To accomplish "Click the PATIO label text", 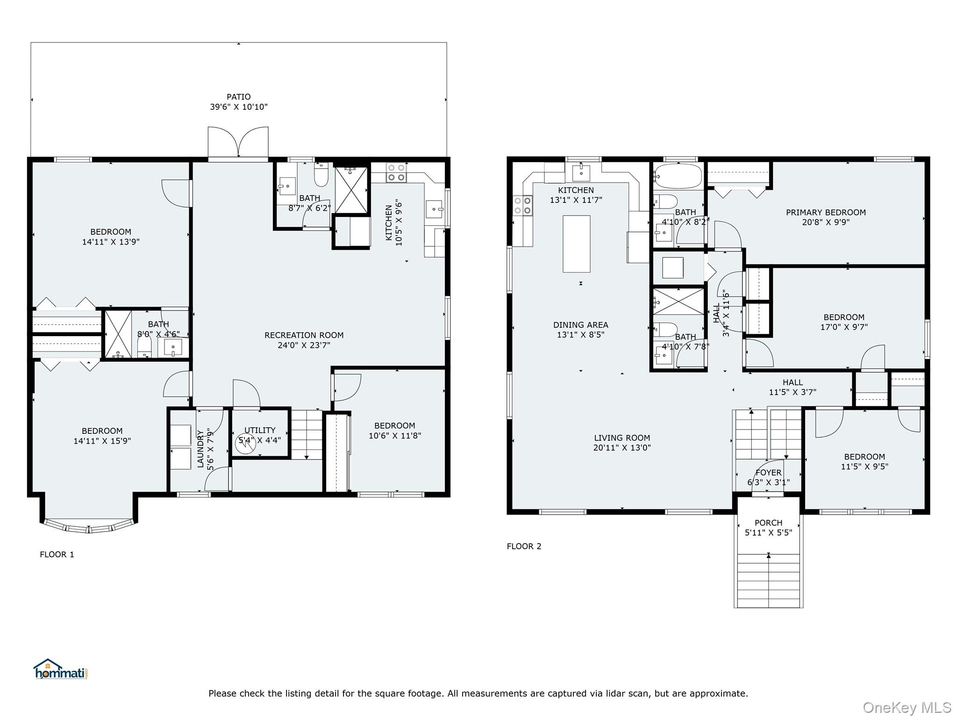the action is coord(238,97).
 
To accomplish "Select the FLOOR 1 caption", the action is coord(57,554).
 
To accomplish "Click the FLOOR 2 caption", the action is coord(524,546).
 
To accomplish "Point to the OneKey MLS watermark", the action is coord(907,708).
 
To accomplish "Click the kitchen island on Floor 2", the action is coord(576,244).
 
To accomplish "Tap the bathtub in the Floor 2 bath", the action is coord(678,176).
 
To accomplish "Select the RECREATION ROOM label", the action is coord(304,335).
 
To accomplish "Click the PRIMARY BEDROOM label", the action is coord(826,212).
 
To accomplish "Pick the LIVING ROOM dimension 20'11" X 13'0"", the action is coord(622,447).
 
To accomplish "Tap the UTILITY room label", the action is coord(260,430).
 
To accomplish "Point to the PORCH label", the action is coord(768,523).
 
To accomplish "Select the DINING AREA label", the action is coord(581,325).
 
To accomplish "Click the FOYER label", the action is coord(768,473).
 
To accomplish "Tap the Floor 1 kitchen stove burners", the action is coord(396,172).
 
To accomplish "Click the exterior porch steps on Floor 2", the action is coord(768,581).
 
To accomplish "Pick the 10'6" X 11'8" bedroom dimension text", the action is coord(395,436).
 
